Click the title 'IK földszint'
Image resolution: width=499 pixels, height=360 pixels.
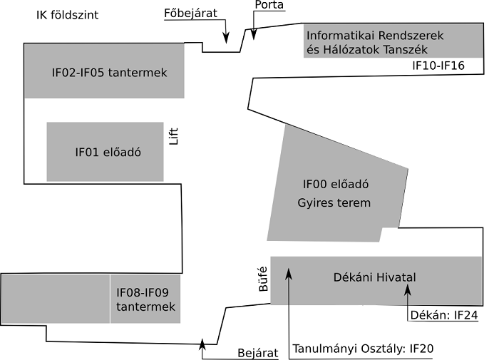click(67, 15)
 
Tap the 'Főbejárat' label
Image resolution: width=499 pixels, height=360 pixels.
click(190, 12)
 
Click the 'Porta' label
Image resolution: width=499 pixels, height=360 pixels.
click(269, 6)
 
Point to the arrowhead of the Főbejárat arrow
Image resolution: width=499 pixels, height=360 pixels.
click(227, 40)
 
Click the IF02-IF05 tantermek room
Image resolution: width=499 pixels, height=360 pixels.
click(104, 71)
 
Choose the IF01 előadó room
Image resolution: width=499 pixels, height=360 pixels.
click(105, 152)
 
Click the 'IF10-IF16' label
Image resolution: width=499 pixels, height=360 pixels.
click(438, 66)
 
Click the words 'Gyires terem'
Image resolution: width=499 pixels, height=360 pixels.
click(334, 202)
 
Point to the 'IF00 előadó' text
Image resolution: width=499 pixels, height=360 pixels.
click(335, 185)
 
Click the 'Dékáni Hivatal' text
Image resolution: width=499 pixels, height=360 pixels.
click(374, 277)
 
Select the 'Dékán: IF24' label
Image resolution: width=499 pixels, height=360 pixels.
click(443, 314)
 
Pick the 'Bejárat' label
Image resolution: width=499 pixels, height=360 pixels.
click(256, 354)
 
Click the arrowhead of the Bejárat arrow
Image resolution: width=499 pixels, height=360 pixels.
click(203, 344)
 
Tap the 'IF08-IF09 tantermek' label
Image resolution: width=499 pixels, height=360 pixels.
click(145, 299)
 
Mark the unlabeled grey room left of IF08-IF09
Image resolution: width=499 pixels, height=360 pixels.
click(56, 298)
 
